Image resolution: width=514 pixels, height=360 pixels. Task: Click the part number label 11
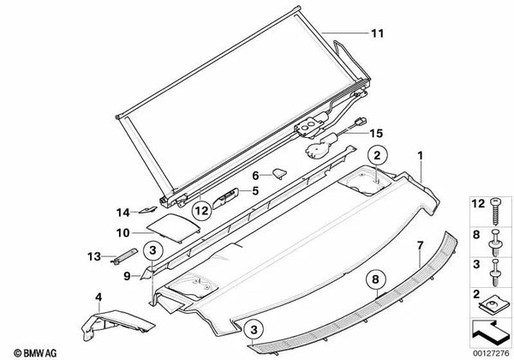pos(377,33)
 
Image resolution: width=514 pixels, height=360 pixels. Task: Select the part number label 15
pos(376,134)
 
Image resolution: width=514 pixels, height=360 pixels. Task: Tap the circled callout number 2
pos(377,156)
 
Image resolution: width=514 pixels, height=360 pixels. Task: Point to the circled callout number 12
pos(201,211)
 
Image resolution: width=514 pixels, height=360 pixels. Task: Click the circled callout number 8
pos(375,279)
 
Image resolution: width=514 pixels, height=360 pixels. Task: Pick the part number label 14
pos(123,213)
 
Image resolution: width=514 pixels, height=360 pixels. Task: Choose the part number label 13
pos(94,256)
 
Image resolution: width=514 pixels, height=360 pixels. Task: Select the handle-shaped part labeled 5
pos(224,198)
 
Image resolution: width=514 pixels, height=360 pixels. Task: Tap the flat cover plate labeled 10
pos(173,227)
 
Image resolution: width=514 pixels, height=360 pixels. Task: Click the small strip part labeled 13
pos(125,255)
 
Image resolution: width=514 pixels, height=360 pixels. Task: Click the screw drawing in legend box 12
pos(495,212)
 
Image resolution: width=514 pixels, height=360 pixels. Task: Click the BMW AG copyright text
pos(35,353)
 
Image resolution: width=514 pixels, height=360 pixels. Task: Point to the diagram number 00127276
pos(491,353)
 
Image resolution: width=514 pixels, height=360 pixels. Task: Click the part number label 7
pos(421,245)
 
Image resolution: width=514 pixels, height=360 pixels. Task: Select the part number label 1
pos(421,156)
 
